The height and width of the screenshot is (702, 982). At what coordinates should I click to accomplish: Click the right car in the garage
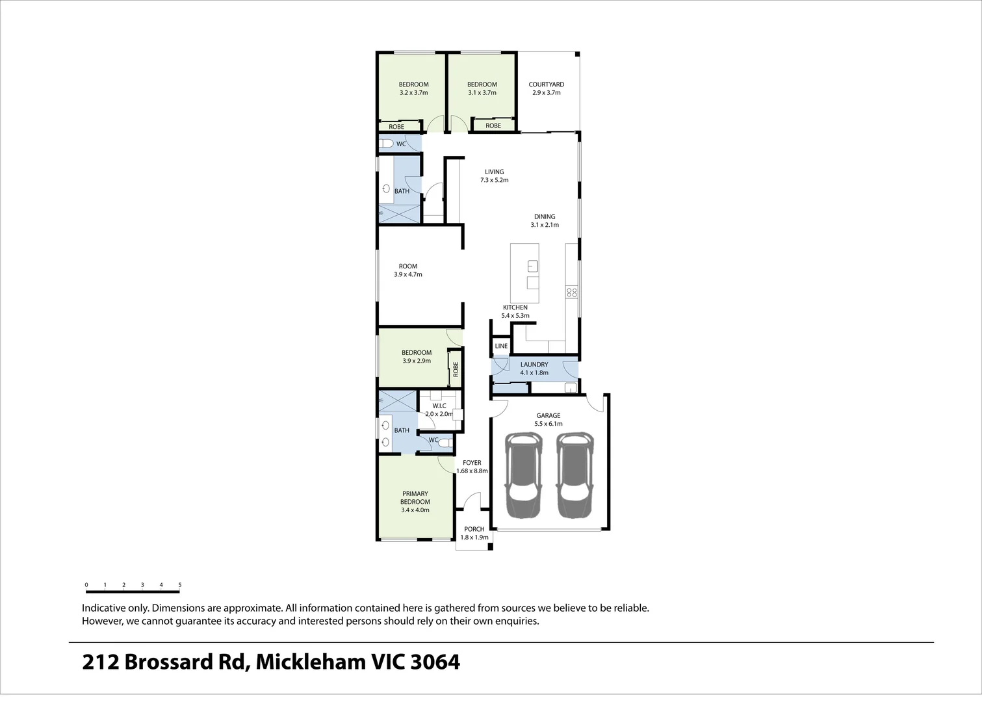pos(575,476)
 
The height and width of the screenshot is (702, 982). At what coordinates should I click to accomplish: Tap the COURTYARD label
pos(546,84)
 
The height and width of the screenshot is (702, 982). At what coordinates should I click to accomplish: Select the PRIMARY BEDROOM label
pos(415,498)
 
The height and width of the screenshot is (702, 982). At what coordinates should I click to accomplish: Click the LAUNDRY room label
pos(534,365)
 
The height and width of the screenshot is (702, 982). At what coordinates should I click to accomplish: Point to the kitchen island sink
pos(532,265)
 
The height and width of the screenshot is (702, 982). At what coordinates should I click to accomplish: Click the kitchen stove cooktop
pos(572,292)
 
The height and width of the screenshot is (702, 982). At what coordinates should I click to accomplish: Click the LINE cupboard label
pos(501,346)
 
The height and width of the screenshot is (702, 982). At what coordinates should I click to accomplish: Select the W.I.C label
pos(439,406)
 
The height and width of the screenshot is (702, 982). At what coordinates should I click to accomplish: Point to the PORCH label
pos(474,529)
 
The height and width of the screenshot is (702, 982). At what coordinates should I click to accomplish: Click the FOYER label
pos(472,463)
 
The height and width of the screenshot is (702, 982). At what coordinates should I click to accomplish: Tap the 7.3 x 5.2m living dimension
pos(494,180)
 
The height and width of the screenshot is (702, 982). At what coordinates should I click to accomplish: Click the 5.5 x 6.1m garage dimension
pos(548,424)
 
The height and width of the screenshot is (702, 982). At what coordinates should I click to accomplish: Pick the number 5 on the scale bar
pos(180,585)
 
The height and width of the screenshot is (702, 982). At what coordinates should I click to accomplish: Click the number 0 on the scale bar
pos(86,585)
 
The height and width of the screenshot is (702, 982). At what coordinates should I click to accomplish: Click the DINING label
pos(545,217)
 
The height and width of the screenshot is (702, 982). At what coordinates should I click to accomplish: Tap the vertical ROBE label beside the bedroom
pos(456,369)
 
